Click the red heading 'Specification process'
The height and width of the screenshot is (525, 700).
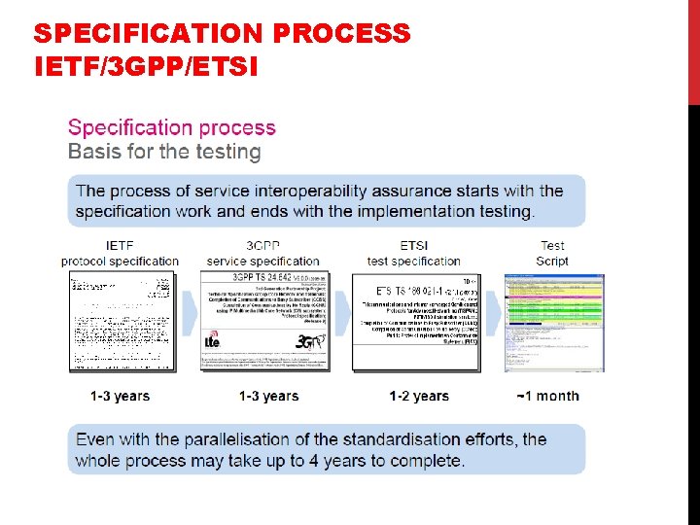(x=172, y=127)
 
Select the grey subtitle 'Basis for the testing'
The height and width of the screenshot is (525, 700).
(x=164, y=152)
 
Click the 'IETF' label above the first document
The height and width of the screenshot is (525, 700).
(x=120, y=246)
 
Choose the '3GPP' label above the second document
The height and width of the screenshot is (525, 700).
(x=262, y=246)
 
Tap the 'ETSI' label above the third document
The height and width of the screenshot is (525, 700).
(x=413, y=246)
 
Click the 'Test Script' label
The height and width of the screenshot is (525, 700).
(x=552, y=253)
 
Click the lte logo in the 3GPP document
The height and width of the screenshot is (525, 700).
(x=212, y=341)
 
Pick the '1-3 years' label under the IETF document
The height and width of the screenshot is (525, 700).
(x=120, y=396)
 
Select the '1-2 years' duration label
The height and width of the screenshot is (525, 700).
(x=419, y=396)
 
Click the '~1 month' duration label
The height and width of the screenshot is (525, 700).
(x=547, y=396)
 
